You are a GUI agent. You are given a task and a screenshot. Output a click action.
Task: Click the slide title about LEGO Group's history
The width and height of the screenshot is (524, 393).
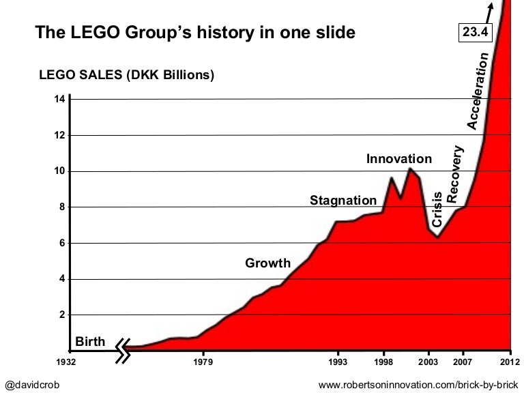[x=195, y=32]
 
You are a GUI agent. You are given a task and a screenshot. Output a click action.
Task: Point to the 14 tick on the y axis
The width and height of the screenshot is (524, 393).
[x=59, y=99]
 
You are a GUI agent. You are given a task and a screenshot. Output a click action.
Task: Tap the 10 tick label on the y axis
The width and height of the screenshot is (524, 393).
[x=59, y=171]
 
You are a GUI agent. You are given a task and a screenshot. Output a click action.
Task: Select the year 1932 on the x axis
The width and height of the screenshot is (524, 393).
[x=67, y=362]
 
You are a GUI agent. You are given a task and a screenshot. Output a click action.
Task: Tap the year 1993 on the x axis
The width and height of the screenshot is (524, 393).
[x=338, y=362]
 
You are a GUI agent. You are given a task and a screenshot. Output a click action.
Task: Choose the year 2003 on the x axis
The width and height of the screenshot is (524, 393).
[x=428, y=362]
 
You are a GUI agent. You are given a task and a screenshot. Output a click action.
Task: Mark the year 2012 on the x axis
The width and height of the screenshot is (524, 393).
[x=511, y=362]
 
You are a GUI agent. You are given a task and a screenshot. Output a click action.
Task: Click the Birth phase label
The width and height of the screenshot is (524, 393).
[x=90, y=341]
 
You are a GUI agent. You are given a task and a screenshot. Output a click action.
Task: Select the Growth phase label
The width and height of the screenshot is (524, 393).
[x=267, y=263]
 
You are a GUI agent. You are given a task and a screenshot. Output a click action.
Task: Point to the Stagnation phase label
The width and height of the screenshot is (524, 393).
[x=343, y=200]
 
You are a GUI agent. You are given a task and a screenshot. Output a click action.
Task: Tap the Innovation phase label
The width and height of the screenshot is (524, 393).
[x=399, y=159]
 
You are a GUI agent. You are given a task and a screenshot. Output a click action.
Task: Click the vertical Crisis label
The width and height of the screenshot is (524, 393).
[x=438, y=209]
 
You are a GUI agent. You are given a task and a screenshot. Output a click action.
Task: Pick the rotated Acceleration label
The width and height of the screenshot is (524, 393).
[x=478, y=91]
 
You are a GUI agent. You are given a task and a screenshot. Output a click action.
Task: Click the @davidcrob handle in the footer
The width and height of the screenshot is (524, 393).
[x=32, y=385]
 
